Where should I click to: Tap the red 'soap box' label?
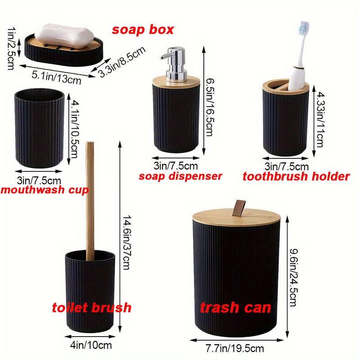[x=143, y=30]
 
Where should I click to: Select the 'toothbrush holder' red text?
[x=296, y=176]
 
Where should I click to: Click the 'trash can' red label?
[x=235, y=308]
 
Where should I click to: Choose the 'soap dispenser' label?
[x=180, y=176]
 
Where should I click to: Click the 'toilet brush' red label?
[x=91, y=308]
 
